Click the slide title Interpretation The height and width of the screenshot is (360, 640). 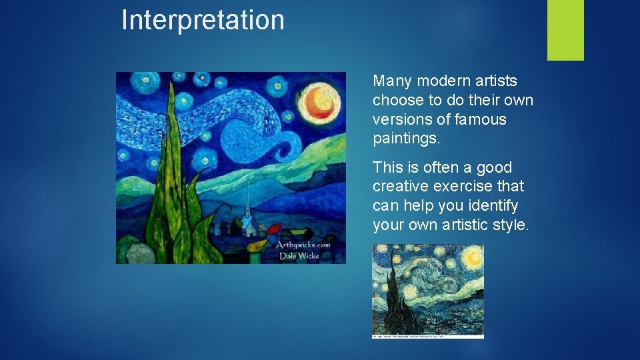[203, 20]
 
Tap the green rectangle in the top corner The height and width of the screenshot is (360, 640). [565, 30]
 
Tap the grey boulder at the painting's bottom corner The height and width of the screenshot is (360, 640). [139, 253]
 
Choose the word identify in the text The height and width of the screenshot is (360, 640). [493, 205]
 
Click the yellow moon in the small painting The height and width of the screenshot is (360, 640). [473, 255]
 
